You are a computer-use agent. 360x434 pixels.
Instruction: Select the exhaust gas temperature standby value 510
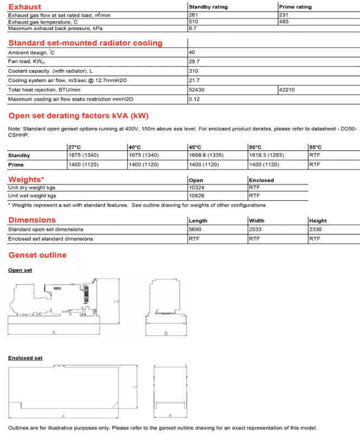[x=193, y=22]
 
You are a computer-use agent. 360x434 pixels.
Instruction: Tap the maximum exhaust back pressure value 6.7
[x=192, y=28]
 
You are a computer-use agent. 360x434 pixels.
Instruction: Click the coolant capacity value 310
[x=193, y=71]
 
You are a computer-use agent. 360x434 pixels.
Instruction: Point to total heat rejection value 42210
[x=287, y=90]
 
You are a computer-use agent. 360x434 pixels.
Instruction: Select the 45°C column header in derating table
[x=195, y=147]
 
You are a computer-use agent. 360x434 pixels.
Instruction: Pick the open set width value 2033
[x=256, y=229]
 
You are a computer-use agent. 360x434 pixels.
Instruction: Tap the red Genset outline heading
[x=37, y=255]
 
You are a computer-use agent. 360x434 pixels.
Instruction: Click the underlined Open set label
[x=20, y=270]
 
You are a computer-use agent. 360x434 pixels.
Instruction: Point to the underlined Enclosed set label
[x=25, y=358]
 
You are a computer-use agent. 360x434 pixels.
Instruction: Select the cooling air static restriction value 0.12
[x=194, y=99]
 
